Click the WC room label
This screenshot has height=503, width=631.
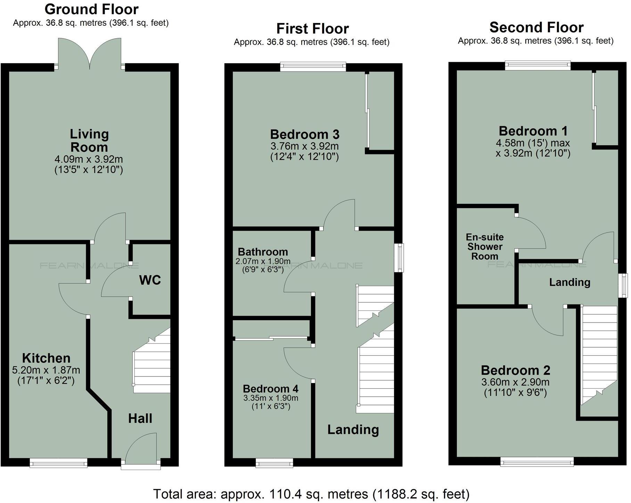pos(150,280)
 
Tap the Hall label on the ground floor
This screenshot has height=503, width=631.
pos(140,418)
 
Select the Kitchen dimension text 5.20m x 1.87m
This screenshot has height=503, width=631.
pos(46,371)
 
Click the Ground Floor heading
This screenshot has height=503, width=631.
pos(92,9)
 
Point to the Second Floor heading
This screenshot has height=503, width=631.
pos(536,27)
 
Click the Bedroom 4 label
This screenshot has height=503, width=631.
pos(271,389)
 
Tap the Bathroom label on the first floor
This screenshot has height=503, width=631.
pos(263,252)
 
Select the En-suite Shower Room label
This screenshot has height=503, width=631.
pos(485,246)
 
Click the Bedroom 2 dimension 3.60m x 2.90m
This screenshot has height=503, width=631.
pos(515,382)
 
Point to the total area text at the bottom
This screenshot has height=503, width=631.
pos(311,494)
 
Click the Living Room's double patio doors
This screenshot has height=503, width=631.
pos(90,54)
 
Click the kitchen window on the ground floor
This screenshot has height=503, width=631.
pos(58,463)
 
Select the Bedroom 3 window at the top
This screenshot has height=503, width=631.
pos(313,67)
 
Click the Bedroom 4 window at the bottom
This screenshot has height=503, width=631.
pos(274,463)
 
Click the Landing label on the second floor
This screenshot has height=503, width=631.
pos(570,282)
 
